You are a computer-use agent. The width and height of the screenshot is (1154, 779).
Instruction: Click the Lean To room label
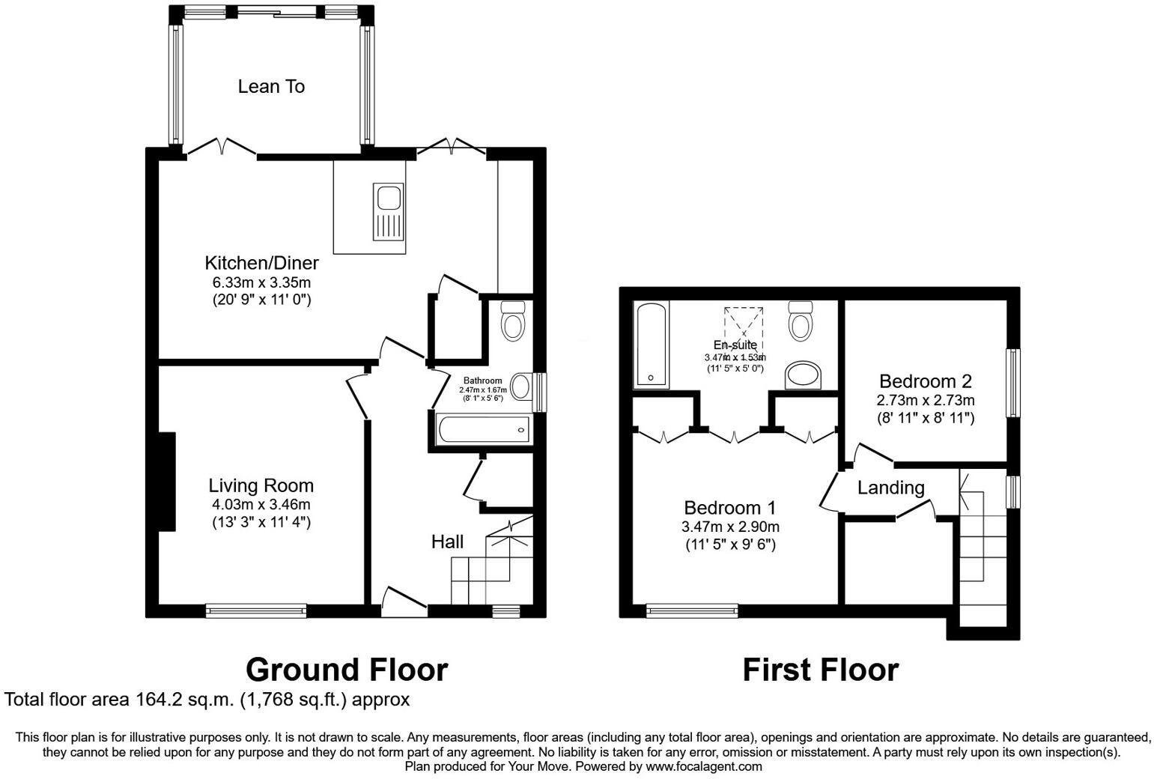[271, 87]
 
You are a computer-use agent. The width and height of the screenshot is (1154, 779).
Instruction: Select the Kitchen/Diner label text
[261, 263]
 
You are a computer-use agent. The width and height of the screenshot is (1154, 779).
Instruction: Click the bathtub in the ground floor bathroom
[484, 430]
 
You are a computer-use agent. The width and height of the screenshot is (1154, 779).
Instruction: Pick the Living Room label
[261, 485]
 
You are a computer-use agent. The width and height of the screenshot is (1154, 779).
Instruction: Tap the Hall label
[447, 542]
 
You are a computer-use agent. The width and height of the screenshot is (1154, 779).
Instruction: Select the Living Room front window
[257, 611]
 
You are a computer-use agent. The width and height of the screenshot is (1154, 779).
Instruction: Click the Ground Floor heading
[347, 670]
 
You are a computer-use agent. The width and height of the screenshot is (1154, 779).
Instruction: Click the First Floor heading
[820, 670]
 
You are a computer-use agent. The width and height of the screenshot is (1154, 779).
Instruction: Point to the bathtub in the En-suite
[651, 345]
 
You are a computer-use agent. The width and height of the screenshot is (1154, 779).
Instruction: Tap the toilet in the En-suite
[800, 321]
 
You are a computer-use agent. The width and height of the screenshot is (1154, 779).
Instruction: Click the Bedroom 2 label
[926, 381]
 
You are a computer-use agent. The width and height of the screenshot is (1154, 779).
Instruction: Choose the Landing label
[890, 488]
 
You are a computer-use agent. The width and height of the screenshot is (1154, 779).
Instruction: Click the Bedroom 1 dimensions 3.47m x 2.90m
[730, 527]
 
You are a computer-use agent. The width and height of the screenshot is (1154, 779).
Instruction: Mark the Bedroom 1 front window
[692, 611]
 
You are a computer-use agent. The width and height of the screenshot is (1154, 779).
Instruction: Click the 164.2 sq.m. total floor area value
[186, 700]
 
